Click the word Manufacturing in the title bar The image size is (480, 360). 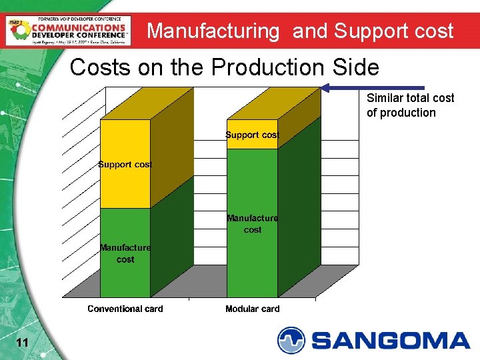point(213,31)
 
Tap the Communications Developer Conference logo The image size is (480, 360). point(69,29)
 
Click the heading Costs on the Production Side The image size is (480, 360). point(224,67)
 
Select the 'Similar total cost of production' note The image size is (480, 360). point(410,105)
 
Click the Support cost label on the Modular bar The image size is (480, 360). point(252,135)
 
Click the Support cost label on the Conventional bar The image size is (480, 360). point(125,165)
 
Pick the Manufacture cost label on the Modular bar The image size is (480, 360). point(252,223)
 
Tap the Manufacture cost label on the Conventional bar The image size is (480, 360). point(125,253)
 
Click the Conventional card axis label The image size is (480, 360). point(125,309)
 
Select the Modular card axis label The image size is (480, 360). point(252,309)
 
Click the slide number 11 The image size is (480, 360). point(21,343)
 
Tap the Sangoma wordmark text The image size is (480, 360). point(391,341)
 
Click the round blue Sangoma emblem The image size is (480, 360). point(291,340)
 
